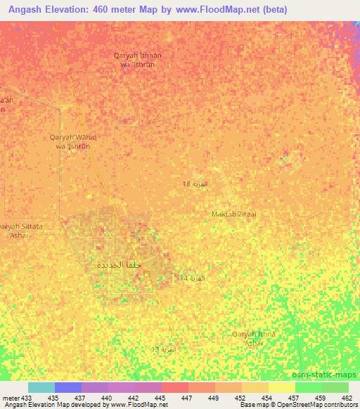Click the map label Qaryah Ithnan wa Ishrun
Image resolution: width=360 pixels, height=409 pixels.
click(139, 58)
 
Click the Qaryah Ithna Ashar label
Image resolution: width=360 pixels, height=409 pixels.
click(254, 338)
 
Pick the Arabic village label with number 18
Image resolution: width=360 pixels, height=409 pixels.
click(195, 184)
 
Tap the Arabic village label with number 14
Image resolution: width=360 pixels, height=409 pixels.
click(191, 278)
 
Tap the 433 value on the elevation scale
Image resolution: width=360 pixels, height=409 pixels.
click(27, 398)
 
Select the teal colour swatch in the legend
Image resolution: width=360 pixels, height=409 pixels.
click(41, 387)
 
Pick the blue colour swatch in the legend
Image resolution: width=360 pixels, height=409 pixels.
click(68, 387)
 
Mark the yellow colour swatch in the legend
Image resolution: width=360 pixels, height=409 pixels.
click(281, 387)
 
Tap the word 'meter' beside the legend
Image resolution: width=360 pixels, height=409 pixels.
click(11, 398)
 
